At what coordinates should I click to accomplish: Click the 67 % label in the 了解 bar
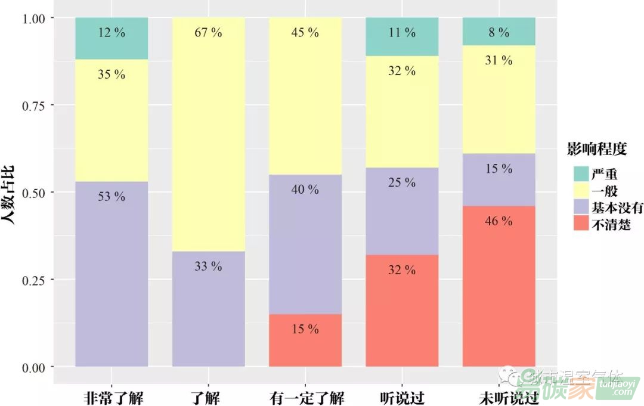(x=208, y=33)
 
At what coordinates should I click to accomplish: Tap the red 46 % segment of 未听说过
(x=499, y=286)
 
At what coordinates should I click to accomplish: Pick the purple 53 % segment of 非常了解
(x=112, y=274)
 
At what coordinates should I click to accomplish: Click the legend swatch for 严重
(x=580, y=174)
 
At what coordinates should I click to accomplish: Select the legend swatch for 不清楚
(x=580, y=224)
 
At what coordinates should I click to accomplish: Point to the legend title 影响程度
(x=597, y=149)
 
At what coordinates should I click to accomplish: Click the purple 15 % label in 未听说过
(x=499, y=169)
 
